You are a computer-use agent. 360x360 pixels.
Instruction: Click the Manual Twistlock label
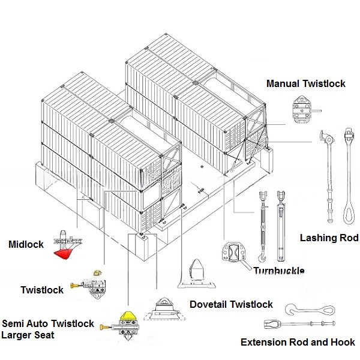306,83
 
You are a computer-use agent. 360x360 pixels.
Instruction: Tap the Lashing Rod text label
329,238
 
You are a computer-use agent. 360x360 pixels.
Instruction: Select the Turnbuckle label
279,271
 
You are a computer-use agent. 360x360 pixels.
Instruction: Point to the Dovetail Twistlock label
231,305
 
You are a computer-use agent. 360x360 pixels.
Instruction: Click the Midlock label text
26,245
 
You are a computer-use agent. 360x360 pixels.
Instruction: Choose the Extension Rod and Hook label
298,343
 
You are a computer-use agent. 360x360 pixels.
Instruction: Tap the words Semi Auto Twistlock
48,324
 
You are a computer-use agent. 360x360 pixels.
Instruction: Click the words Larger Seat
28,335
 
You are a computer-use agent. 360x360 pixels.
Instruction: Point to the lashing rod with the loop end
349,180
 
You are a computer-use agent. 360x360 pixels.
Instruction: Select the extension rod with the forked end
300,325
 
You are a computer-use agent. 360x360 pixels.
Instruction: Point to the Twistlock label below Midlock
42,290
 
